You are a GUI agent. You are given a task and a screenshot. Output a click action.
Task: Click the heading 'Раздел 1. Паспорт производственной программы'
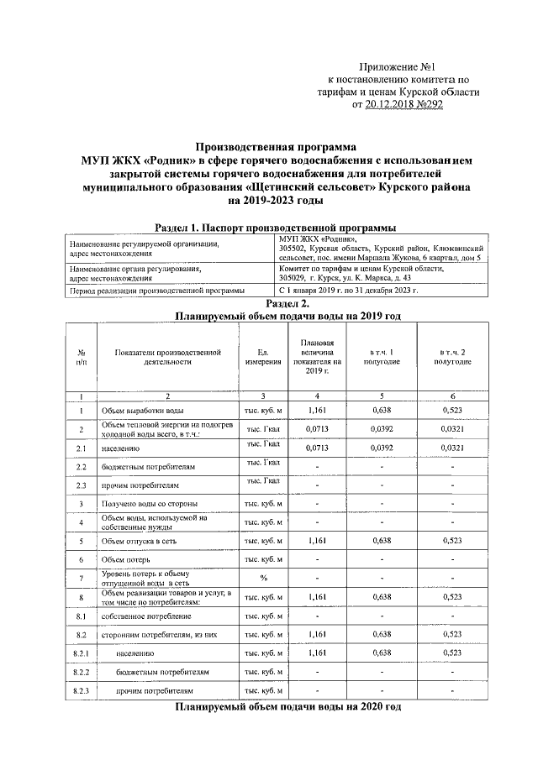tap(277, 228)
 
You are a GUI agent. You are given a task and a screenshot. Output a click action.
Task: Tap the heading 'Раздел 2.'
tap(277, 303)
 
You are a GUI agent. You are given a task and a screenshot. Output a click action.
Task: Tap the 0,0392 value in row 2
tap(382, 429)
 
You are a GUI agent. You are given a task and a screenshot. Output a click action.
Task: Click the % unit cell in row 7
tap(262, 578)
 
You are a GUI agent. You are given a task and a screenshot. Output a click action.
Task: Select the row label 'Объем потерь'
tap(126, 559)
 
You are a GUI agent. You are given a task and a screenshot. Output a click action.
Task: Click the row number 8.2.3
tap(82, 690)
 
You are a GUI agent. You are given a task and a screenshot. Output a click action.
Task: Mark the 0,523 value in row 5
tap(454, 541)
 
